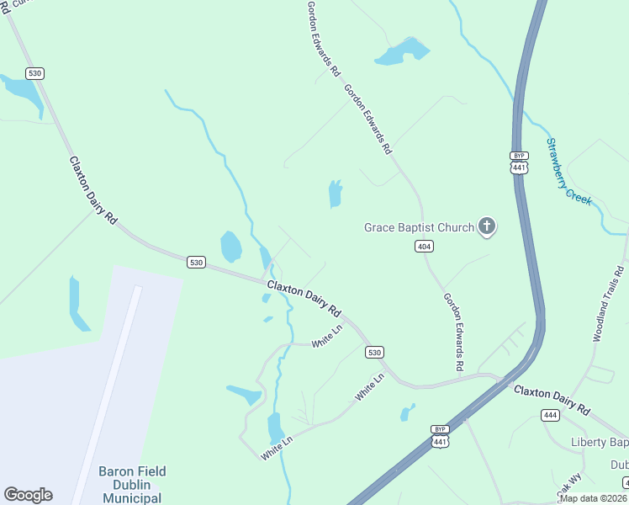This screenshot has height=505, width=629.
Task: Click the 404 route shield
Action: pyautogui.click(x=424, y=246)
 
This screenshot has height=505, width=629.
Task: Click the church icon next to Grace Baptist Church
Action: pyautogui.click(x=486, y=226)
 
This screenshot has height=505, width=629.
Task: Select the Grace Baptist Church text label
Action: pyautogui.click(x=418, y=227)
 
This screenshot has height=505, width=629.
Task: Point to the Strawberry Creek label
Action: pyautogui.click(x=569, y=173)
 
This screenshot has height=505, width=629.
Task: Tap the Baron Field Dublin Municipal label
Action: pyautogui.click(x=132, y=485)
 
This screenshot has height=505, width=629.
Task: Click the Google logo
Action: pyautogui.click(x=28, y=495)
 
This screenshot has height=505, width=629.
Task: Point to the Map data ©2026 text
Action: pyautogui.click(x=593, y=498)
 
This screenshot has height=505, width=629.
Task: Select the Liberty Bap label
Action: pyautogui.click(x=600, y=443)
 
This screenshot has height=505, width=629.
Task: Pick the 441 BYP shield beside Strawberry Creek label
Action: pyautogui.click(x=519, y=162)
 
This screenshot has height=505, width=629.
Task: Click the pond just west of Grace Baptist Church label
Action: pyautogui.click(x=336, y=194)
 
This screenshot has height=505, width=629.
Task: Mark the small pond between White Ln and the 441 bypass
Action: pyautogui.click(x=408, y=412)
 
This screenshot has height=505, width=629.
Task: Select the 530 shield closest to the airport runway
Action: pyautogui.click(x=196, y=263)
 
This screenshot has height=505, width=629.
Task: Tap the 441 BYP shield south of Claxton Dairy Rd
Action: pyautogui.click(x=440, y=435)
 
